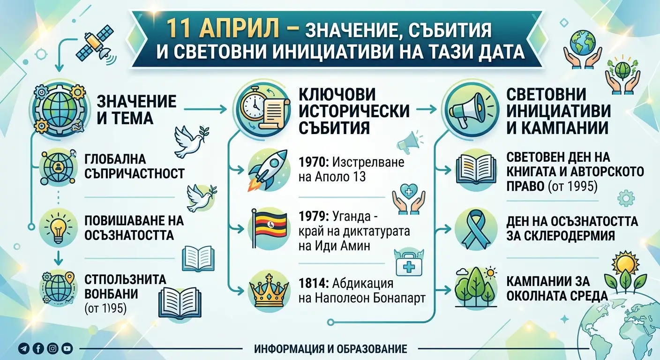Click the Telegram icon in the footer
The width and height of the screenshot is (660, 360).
[24, 349]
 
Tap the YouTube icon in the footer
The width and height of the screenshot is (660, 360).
[67, 349]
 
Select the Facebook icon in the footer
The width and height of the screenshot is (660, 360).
[38, 349]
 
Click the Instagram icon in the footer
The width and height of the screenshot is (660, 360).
[53, 349]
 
